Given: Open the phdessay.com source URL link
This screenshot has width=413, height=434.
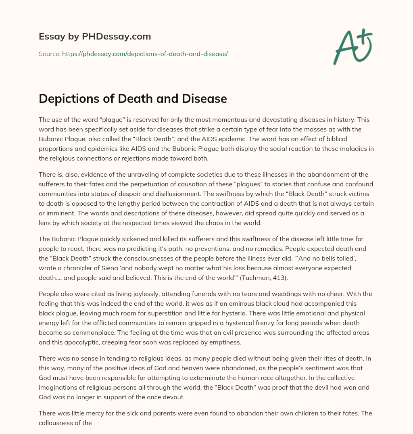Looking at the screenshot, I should point(145,54).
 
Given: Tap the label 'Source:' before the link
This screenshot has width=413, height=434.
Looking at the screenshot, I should point(49,54).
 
